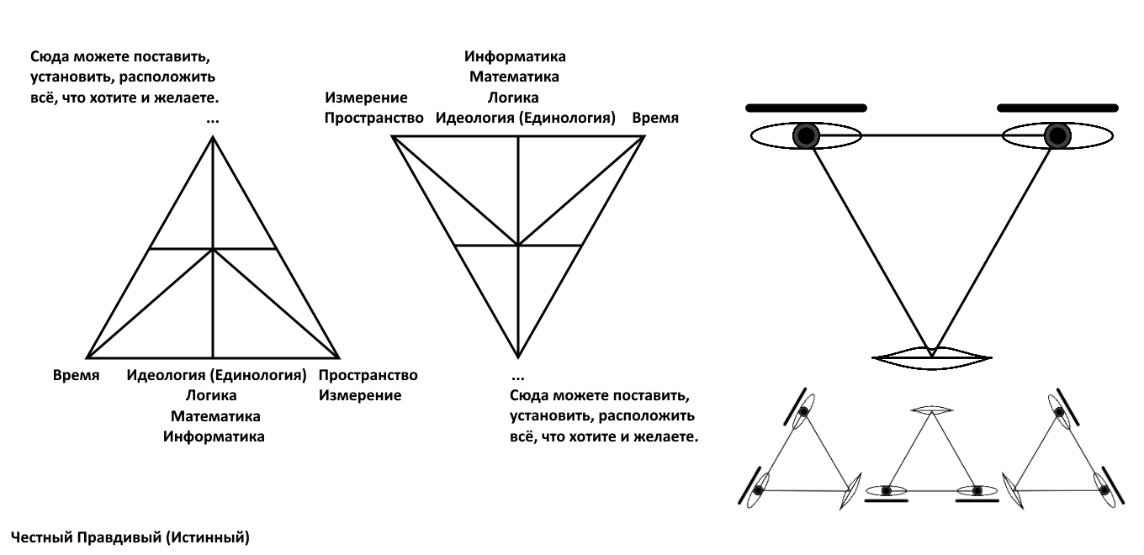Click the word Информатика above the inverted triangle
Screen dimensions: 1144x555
[x=515, y=56]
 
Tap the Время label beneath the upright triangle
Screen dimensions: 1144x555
[x=76, y=375]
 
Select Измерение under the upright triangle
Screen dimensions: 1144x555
[x=360, y=396]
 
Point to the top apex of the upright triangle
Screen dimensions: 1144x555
[x=213, y=137]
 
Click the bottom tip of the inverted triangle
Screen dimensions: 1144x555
[x=518, y=357]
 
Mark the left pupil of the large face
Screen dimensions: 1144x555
[x=806, y=136]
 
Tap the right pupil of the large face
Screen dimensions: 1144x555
[x=1057, y=136]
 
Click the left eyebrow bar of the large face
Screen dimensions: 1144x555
[x=806, y=108]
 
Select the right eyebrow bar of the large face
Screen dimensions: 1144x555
[x=1057, y=108]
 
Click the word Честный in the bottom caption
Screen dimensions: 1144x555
[x=41, y=537]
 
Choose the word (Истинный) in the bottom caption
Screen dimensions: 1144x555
[x=208, y=537]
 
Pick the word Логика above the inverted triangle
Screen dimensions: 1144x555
[x=513, y=98]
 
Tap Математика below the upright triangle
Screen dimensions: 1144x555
[x=215, y=416]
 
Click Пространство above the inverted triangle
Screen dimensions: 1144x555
[x=373, y=118]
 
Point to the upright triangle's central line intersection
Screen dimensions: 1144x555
[x=213, y=249]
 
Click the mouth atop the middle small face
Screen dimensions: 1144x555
[x=932, y=410]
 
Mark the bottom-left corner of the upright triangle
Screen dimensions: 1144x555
[x=87, y=357]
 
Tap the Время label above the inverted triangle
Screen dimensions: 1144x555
[x=655, y=118]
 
